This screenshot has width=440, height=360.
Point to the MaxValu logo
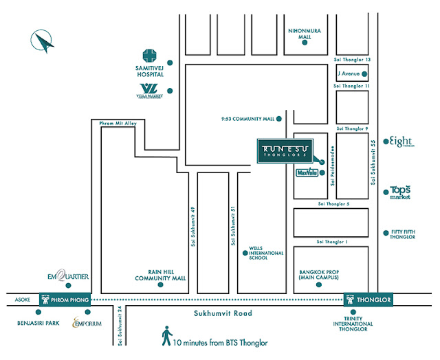[307, 175]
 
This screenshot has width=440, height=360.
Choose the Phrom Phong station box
[63, 300]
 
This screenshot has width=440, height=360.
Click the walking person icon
[166, 337]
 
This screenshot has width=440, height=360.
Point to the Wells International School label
[266, 254]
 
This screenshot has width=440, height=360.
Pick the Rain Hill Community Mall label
[162, 275]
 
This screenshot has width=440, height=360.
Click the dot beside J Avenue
[366, 75]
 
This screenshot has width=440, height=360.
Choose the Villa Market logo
[148, 90]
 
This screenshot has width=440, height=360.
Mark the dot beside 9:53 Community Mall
[278, 119]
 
